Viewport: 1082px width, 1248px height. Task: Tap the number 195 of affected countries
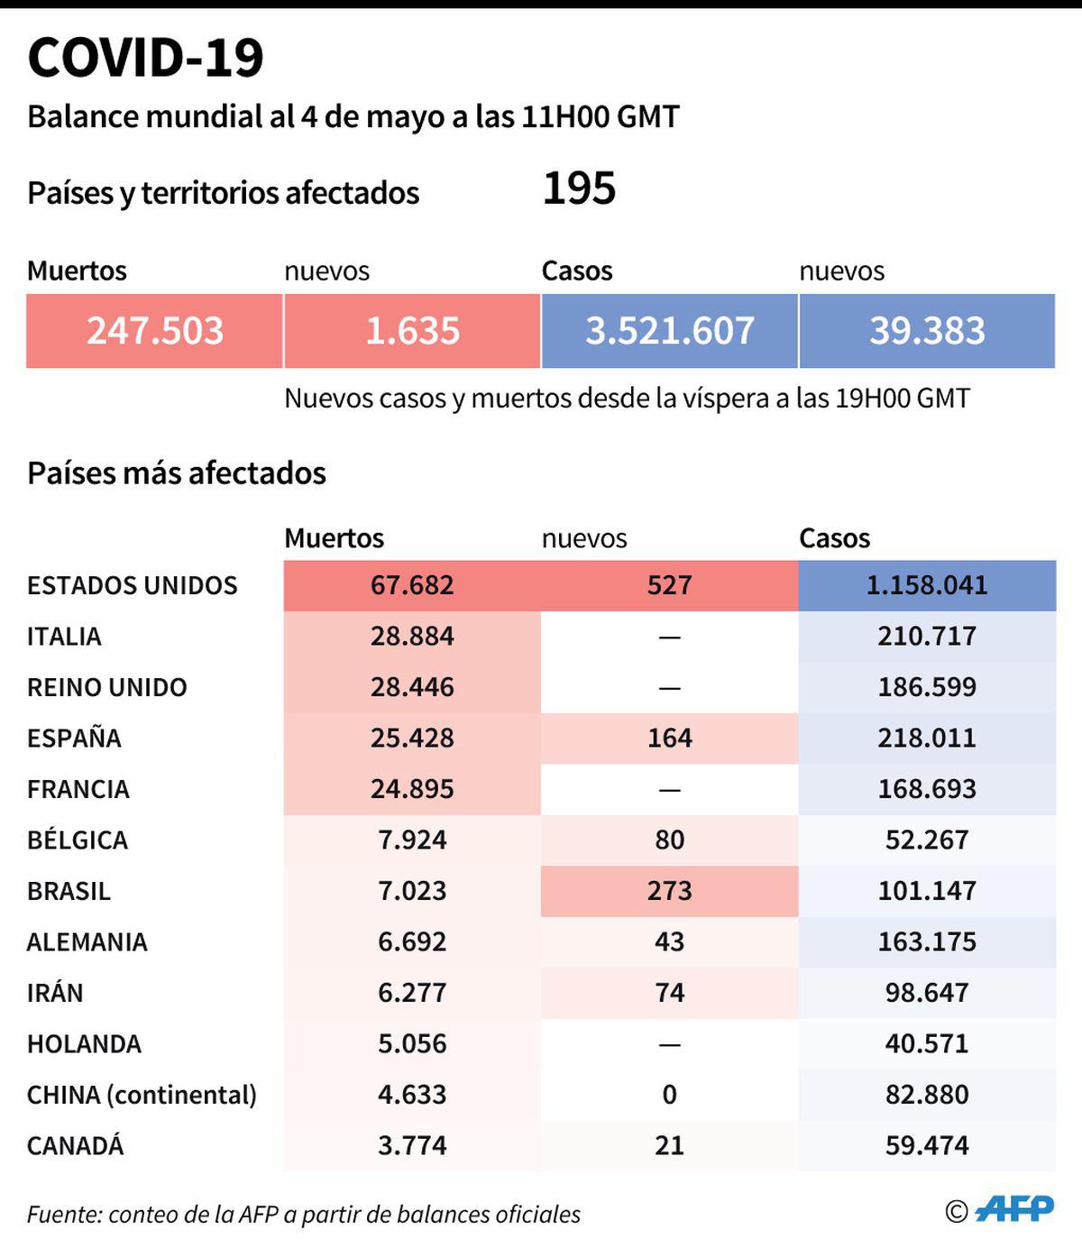click(579, 189)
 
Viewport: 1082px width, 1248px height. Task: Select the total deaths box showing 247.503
click(154, 331)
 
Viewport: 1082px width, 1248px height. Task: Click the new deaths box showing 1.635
click(412, 331)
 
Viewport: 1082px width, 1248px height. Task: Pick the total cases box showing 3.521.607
click(669, 331)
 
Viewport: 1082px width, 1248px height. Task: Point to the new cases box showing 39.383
click(927, 331)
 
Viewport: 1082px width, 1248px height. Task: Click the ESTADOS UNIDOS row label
click(133, 585)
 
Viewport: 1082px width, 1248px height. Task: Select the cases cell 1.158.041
click(927, 585)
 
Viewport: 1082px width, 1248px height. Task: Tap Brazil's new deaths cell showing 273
click(669, 891)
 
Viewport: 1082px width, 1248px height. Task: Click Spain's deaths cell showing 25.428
click(412, 739)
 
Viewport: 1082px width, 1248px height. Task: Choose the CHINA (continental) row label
click(142, 1095)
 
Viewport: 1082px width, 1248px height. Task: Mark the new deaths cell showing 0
click(669, 1095)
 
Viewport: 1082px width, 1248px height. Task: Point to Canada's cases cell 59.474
click(927, 1146)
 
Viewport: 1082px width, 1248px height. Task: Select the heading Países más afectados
click(177, 473)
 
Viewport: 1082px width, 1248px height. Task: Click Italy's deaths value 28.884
click(412, 637)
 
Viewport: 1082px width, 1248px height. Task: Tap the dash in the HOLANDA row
click(669, 1044)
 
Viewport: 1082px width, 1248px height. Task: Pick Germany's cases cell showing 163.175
click(927, 942)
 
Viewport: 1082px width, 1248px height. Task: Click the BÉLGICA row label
click(78, 840)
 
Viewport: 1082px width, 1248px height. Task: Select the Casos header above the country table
click(834, 538)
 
